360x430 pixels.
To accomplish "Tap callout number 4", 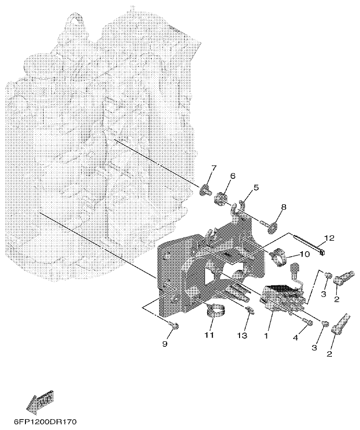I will click(297, 338).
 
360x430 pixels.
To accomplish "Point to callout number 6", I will click(232, 176).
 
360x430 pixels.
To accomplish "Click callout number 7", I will click(214, 169).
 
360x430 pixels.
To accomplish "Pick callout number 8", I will click(284, 207).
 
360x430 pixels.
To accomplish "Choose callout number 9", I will click(165, 344).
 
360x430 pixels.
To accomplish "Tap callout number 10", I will click(303, 254).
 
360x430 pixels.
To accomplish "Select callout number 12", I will click(329, 238).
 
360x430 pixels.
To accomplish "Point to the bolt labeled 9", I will click(174, 326).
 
